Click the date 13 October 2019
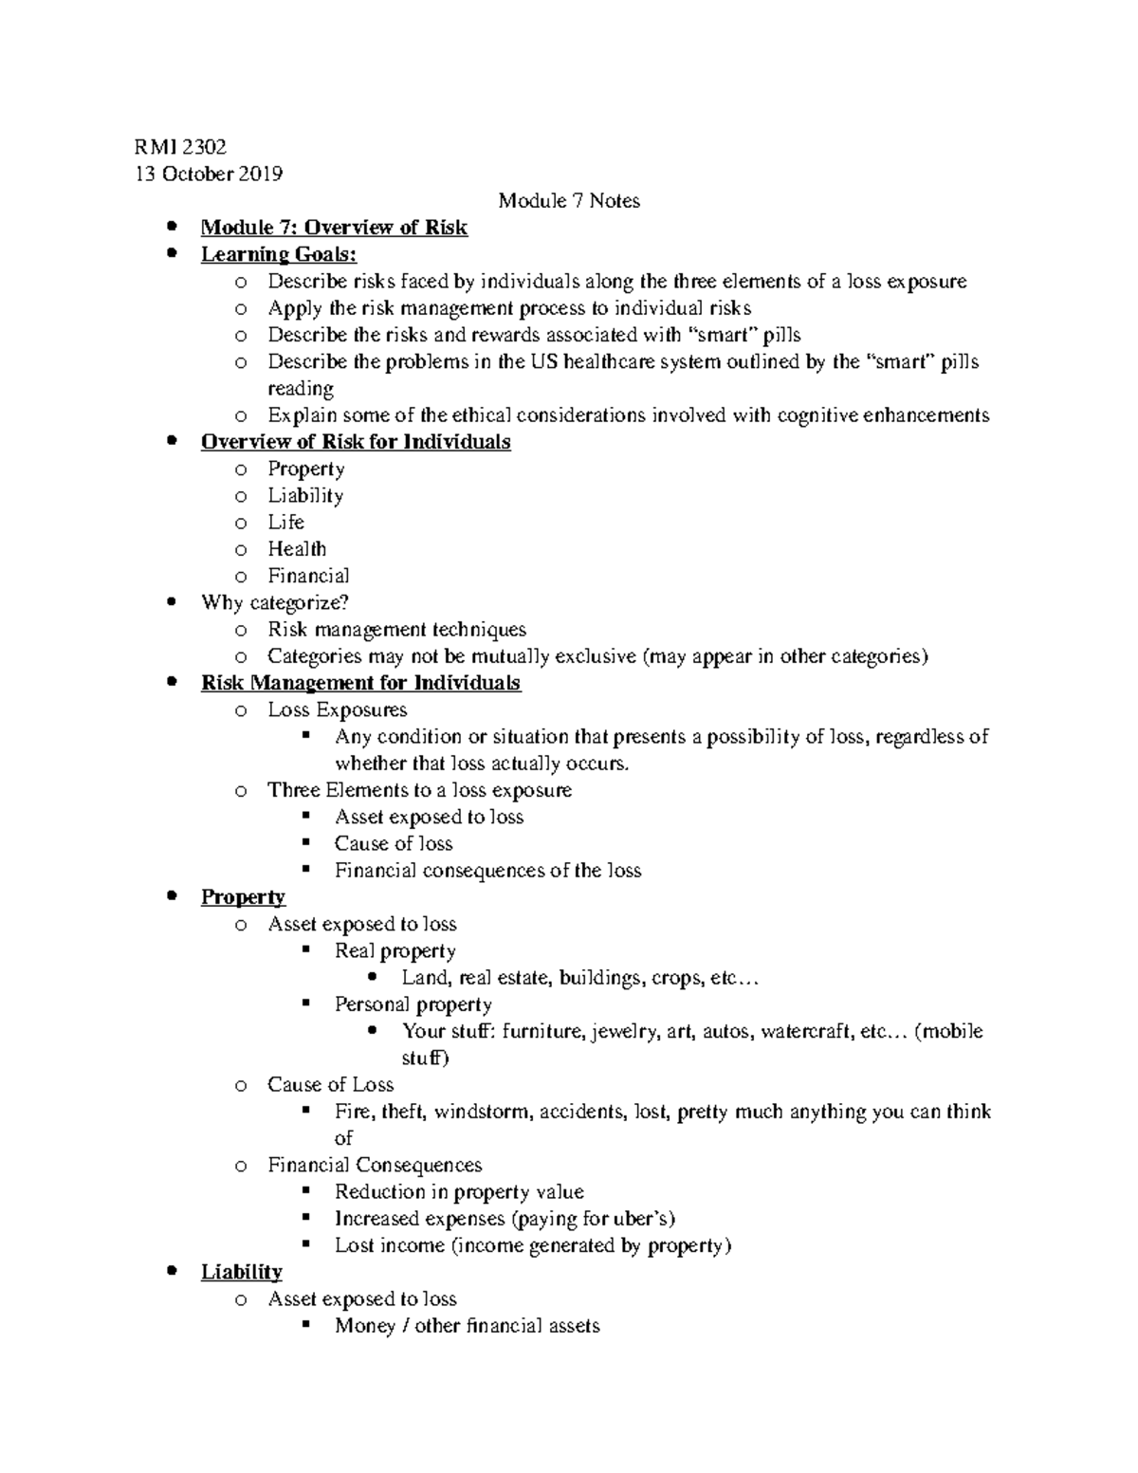pos(210,174)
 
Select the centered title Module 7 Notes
pos(569,200)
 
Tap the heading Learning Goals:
pos(279,254)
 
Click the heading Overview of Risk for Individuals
pos(356,442)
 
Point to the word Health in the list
pos(297,549)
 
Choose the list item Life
pos(285,523)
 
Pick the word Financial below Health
pos(308,576)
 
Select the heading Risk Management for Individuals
pos(360,683)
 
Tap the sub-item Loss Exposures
pos(337,709)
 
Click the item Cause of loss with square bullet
pos(394,843)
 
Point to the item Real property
pos(395,950)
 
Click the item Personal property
pos(413,1004)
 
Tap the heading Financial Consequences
pos(375,1165)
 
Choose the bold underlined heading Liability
pos(242,1272)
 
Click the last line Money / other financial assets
pos(467,1326)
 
